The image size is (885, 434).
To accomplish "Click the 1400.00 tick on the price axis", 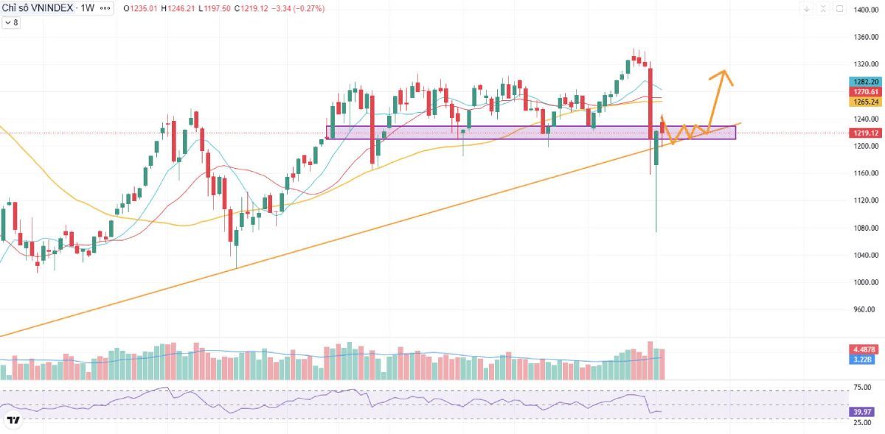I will point(864,10).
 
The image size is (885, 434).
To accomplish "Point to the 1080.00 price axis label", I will point(864,228).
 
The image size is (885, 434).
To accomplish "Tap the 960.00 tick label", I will point(864,309).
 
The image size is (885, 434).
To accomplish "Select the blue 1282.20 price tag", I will point(865,81).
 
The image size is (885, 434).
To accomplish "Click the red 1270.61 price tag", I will point(865,91).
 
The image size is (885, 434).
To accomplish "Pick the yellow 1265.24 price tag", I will point(865,102).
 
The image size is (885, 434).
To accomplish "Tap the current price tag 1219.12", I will point(865,133).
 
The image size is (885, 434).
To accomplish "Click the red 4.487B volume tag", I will point(864,349).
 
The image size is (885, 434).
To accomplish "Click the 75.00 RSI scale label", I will point(863,388).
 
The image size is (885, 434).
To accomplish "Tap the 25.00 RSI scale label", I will point(863,422).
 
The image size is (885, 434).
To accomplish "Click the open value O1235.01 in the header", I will point(142,9).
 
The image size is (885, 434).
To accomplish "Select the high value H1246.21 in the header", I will point(181,9).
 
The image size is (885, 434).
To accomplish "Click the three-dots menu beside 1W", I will point(105,9).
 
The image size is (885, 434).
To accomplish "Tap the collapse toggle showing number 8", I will point(12,23).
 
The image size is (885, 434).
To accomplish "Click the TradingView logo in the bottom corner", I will point(13,421).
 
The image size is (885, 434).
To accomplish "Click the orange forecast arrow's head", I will point(724,72).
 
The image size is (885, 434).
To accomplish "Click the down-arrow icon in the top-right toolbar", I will point(808,9).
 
